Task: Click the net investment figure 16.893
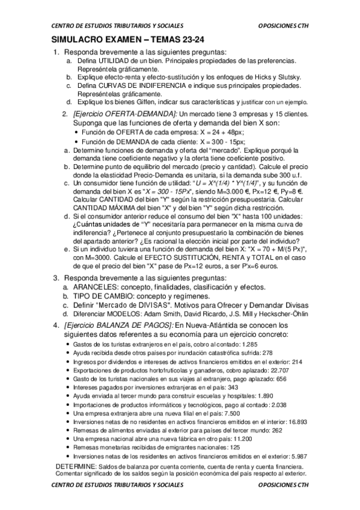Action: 297,423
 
